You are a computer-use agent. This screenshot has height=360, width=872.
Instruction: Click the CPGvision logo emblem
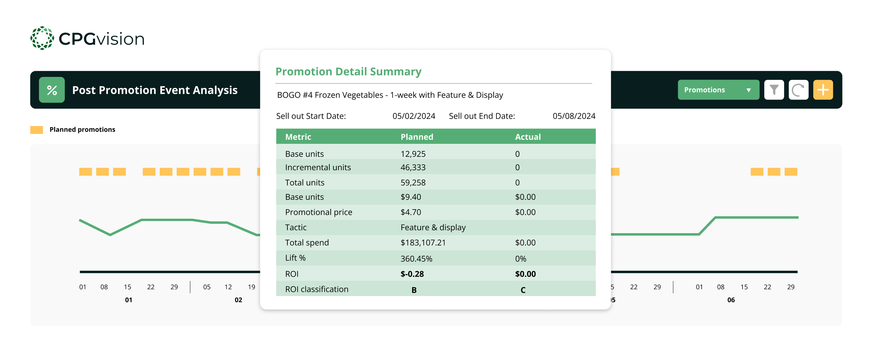pos(42,38)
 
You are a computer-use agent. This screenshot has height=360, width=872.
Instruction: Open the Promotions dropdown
pos(718,90)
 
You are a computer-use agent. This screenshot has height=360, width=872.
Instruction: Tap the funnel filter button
pos(774,90)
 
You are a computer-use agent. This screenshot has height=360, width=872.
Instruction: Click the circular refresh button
pos(798,90)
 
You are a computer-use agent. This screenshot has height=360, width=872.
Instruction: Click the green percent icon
pos(52,90)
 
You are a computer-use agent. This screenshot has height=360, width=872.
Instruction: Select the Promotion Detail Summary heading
pos(348,71)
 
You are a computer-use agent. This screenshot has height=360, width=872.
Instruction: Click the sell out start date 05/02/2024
pos(414,116)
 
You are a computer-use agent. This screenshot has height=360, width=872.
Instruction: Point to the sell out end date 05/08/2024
pos(574,116)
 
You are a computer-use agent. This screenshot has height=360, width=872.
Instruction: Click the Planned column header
pos(417,137)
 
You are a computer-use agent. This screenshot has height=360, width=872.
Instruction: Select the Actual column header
pos(528,137)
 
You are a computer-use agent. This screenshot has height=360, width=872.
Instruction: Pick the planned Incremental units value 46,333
pos(413,167)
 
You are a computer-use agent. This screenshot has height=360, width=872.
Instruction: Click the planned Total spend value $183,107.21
pos(423,243)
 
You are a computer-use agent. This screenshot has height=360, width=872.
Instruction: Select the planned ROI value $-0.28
pos(412,274)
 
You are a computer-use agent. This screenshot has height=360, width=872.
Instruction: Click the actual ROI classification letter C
pos(523,290)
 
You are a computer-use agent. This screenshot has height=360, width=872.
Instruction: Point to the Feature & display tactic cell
pos(433,227)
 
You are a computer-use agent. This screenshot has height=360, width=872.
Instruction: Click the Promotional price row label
pos(319,212)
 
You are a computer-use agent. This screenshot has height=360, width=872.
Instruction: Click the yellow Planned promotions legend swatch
pos(37,130)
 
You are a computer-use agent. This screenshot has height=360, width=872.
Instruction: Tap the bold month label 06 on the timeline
pos(731,300)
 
